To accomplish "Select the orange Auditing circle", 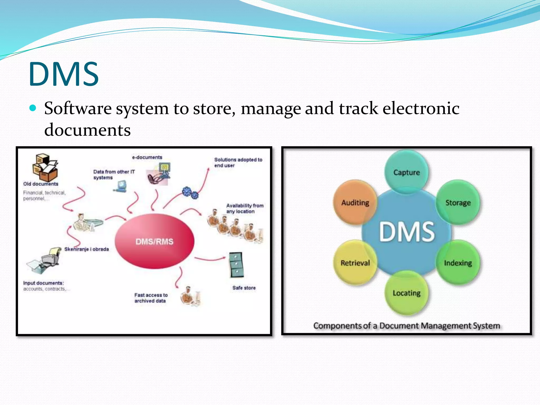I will pos(355,202).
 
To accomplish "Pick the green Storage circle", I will pos(458,202).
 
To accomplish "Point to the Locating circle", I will pos(406,293).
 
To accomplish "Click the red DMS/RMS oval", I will pos(155,241).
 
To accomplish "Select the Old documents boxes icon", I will pos(45,167).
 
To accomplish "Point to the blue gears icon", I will pos(190,193).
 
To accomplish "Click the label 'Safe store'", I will pos(244,288).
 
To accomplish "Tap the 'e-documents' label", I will pos(147,157).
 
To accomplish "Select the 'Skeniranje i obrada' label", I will pos(86,249).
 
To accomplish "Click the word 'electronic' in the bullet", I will pos(421,108).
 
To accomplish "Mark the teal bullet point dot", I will pos(33,108).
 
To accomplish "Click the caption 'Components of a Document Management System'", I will pos(406,326).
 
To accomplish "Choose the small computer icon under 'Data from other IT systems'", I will pos(120,186).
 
